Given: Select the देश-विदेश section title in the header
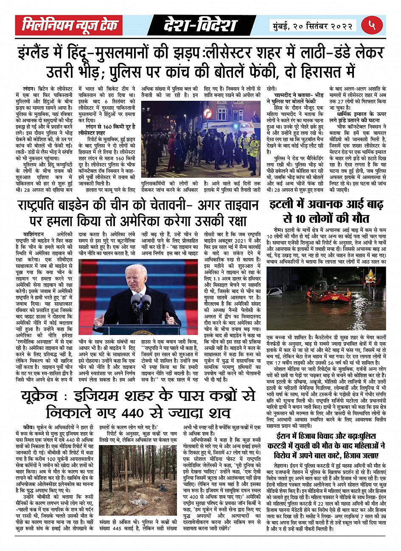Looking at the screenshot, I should [x=200, y=26].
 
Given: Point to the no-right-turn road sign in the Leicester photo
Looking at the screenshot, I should [x=208, y=113].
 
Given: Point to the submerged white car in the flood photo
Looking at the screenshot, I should [x=275, y=291].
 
